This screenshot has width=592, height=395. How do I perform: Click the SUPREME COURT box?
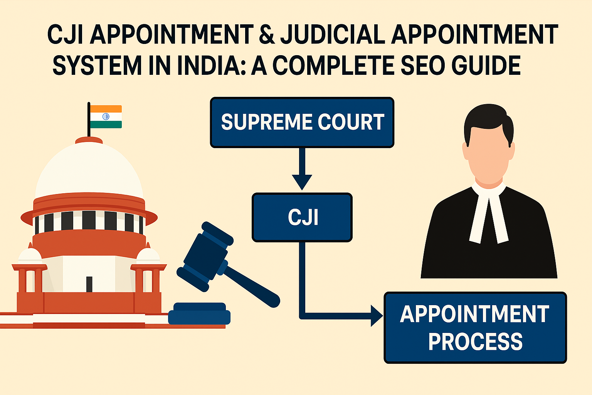coord(302,122)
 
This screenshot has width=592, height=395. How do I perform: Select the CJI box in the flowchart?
coord(302,217)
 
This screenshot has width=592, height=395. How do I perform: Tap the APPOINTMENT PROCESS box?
coord(475,327)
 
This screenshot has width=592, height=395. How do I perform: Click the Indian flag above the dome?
coord(106,116)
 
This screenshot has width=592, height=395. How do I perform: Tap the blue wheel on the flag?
coord(106,116)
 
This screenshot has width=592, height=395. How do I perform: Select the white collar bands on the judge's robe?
coord(488,216)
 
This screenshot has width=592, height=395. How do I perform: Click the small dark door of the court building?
coord(89,284)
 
